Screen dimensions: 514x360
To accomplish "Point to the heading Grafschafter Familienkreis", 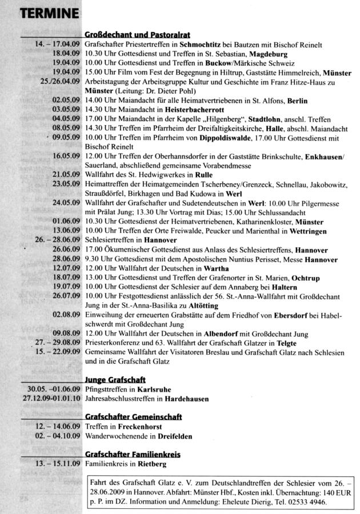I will [133, 454].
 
